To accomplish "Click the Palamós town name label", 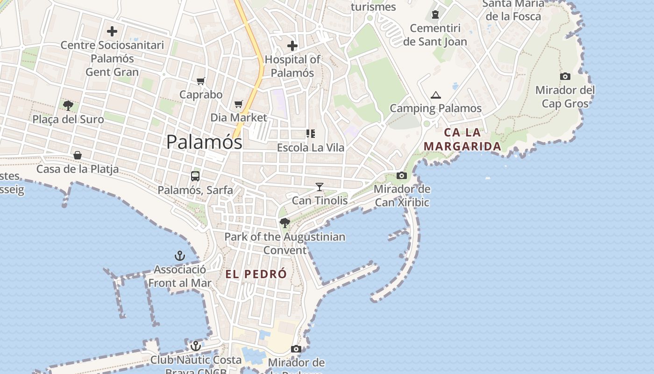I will pos(204,142).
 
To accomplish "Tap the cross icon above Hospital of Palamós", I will pos(292,46).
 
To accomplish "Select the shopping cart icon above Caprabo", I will pos(201,81).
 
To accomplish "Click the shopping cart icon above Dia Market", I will pos(239,104).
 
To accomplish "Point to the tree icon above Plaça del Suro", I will pos(68,105).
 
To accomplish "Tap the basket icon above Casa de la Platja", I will pos(78,155).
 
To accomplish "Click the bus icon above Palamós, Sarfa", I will pos(195,176).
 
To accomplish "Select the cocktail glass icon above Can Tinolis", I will pos(320,187).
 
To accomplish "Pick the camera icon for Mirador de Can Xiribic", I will pos(401,176).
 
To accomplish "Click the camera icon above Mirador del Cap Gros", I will pos(565,76).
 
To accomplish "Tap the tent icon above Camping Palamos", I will pos(436,95).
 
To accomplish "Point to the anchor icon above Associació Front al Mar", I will pos(180,256).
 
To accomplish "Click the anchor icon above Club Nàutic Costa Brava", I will pos(196,346).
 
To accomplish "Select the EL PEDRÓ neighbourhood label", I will pos(256,274).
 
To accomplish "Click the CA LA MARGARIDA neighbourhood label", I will pos(462,139).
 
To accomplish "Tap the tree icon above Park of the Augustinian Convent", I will pos(284,223).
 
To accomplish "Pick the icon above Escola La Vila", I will pos(311,134).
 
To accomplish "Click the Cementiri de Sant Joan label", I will pos(435,35).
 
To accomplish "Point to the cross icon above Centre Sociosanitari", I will pos(112,31).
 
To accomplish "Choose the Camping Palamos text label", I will pos(435,108).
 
